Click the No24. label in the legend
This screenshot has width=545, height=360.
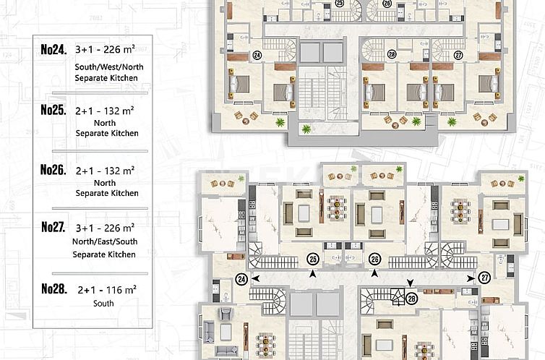[x=53, y=50]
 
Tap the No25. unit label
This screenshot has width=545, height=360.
[x=53, y=110]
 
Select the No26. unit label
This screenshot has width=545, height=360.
[x=53, y=170]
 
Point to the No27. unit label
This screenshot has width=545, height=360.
[x=53, y=227]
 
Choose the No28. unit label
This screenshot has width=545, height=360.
[x=54, y=288]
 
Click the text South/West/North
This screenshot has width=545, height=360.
[x=109, y=67]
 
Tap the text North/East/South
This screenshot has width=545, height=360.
[x=105, y=241]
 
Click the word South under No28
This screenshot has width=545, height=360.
[x=103, y=304]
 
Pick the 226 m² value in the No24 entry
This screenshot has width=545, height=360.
[x=119, y=49]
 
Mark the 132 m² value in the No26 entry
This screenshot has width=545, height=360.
[x=119, y=171]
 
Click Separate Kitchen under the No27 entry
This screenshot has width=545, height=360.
[x=104, y=254]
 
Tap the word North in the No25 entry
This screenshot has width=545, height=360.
[x=105, y=123]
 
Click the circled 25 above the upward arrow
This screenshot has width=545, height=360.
[x=313, y=260]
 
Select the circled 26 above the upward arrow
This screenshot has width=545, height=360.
[x=374, y=260]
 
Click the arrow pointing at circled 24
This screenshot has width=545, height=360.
[x=255, y=278]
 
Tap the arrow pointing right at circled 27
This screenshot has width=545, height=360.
[x=471, y=278]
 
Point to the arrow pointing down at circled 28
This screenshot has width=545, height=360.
[x=411, y=283]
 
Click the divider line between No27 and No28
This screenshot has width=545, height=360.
[x=100, y=274]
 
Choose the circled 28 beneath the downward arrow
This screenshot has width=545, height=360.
[x=411, y=299]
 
